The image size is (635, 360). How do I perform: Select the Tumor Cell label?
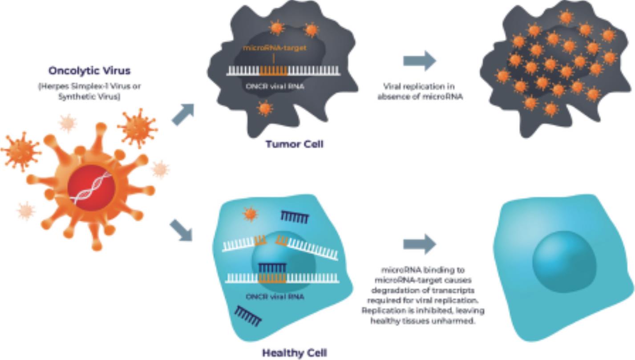(294, 144)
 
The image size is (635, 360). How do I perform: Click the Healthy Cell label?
(294, 353)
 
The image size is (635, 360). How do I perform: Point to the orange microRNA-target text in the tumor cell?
(275, 48)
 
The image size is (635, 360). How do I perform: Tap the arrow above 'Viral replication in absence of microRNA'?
(419, 61)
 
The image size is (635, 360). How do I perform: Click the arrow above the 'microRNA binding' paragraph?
(419, 244)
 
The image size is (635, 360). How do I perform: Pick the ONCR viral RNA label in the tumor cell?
(275, 87)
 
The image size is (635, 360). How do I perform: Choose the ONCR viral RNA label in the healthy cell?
(275, 296)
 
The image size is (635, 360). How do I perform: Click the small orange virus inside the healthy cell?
(250, 214)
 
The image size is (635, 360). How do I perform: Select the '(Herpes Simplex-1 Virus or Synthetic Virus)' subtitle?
(89, 91)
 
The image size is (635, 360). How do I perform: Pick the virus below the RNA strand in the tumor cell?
(264, 108)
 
